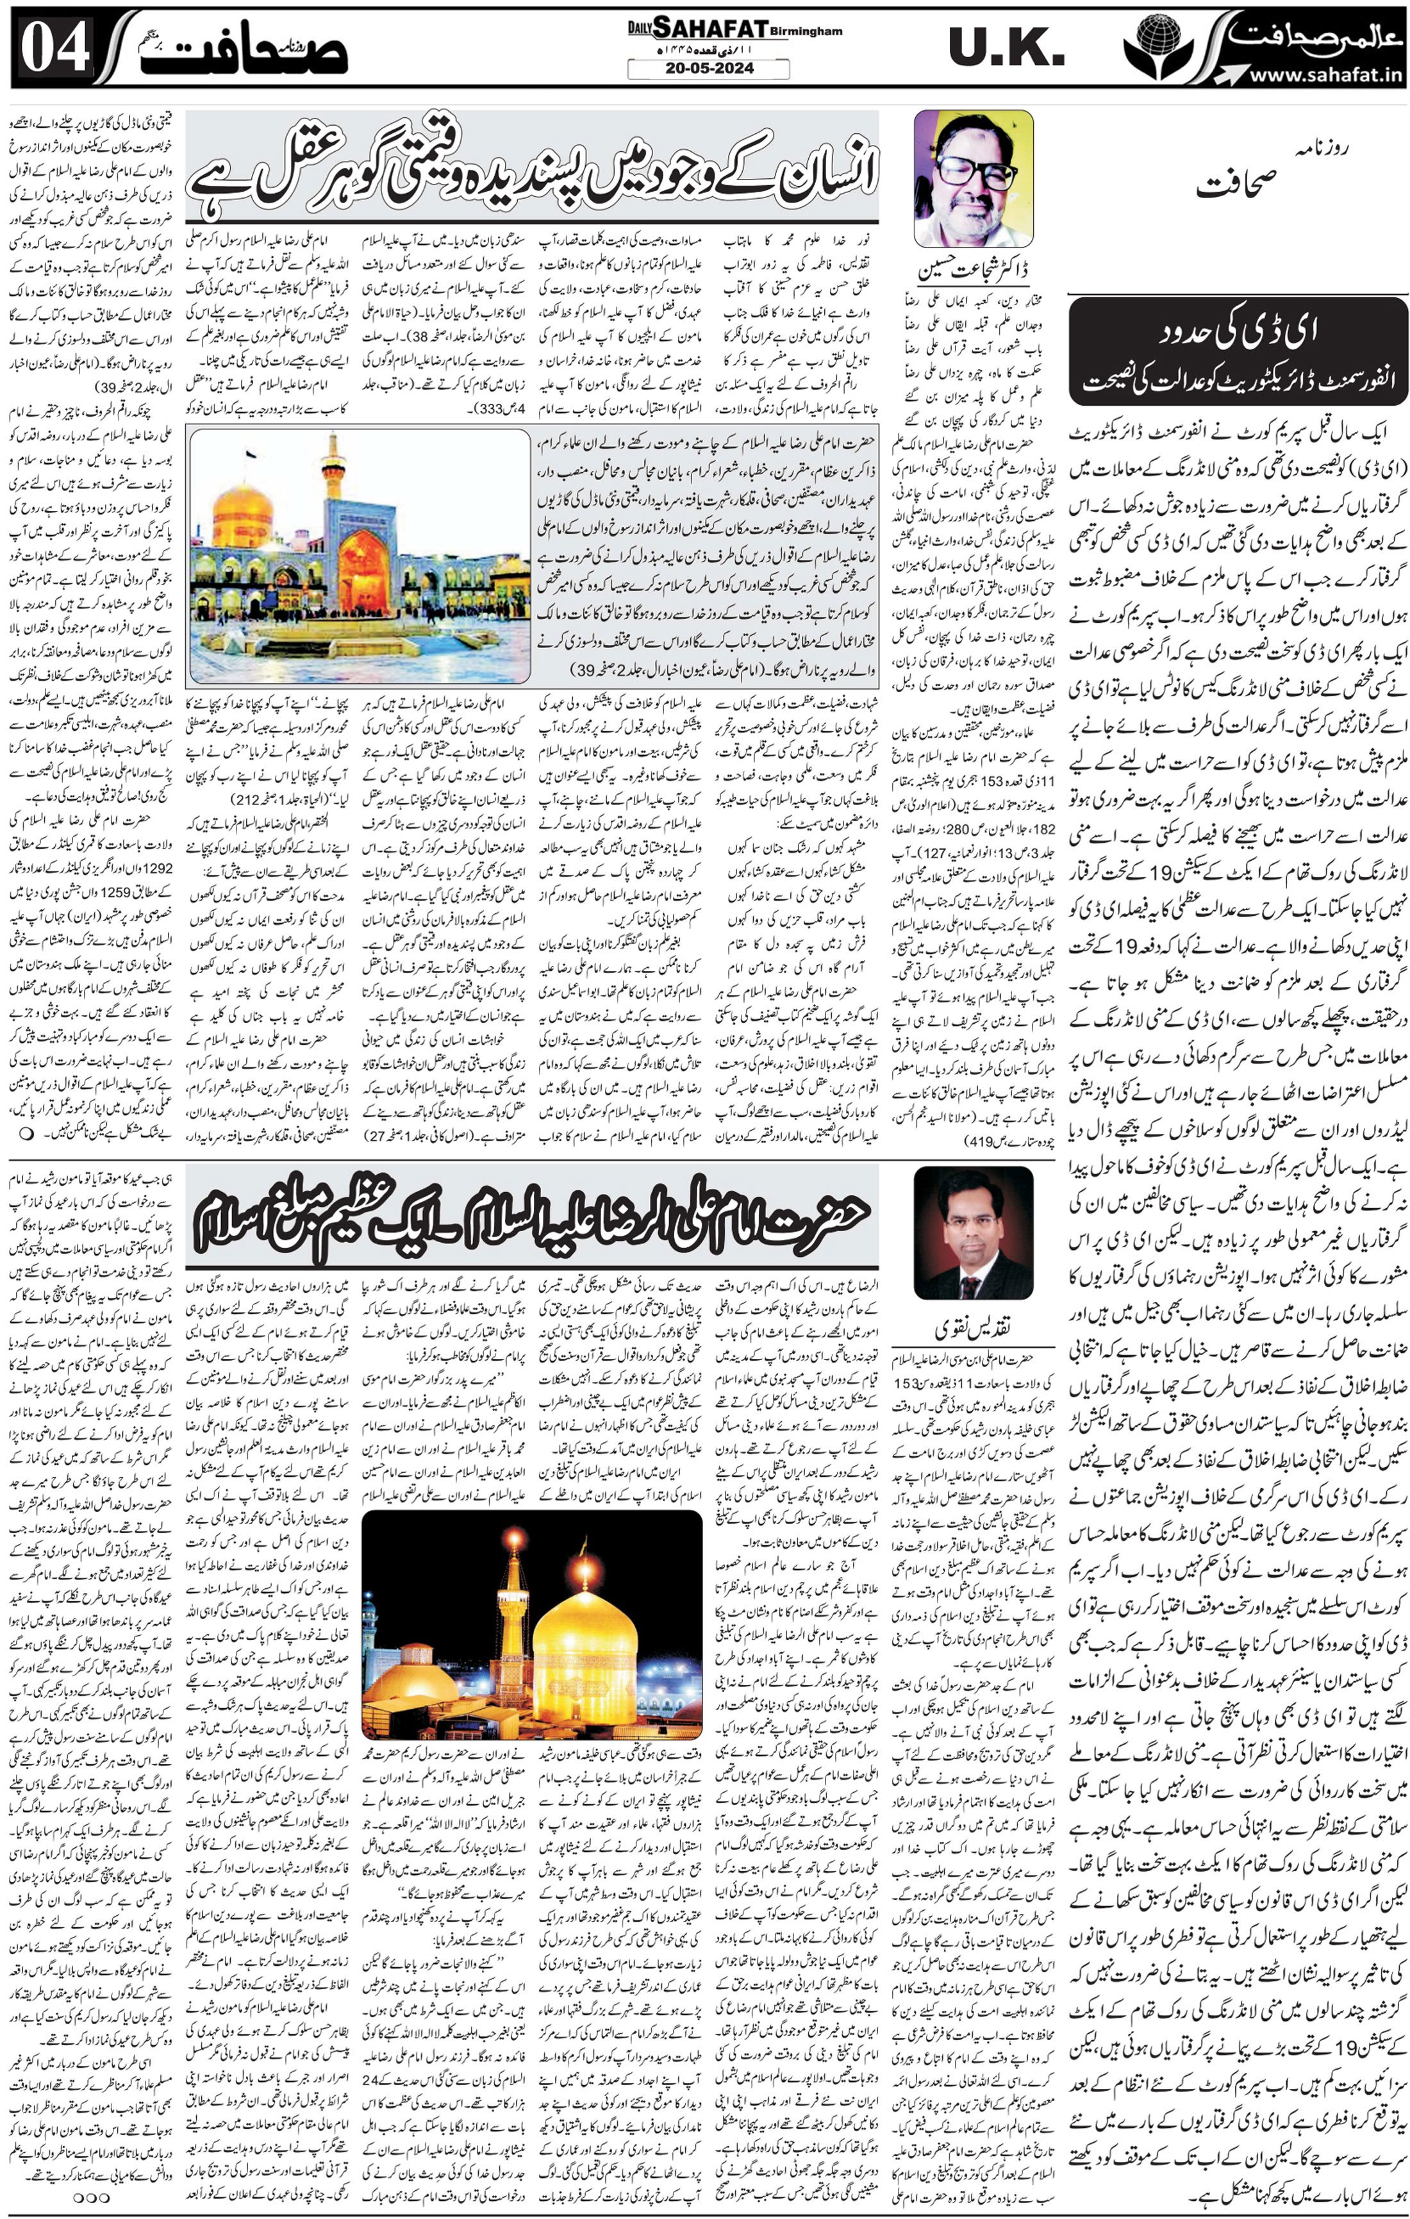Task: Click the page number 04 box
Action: click(55, 47)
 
